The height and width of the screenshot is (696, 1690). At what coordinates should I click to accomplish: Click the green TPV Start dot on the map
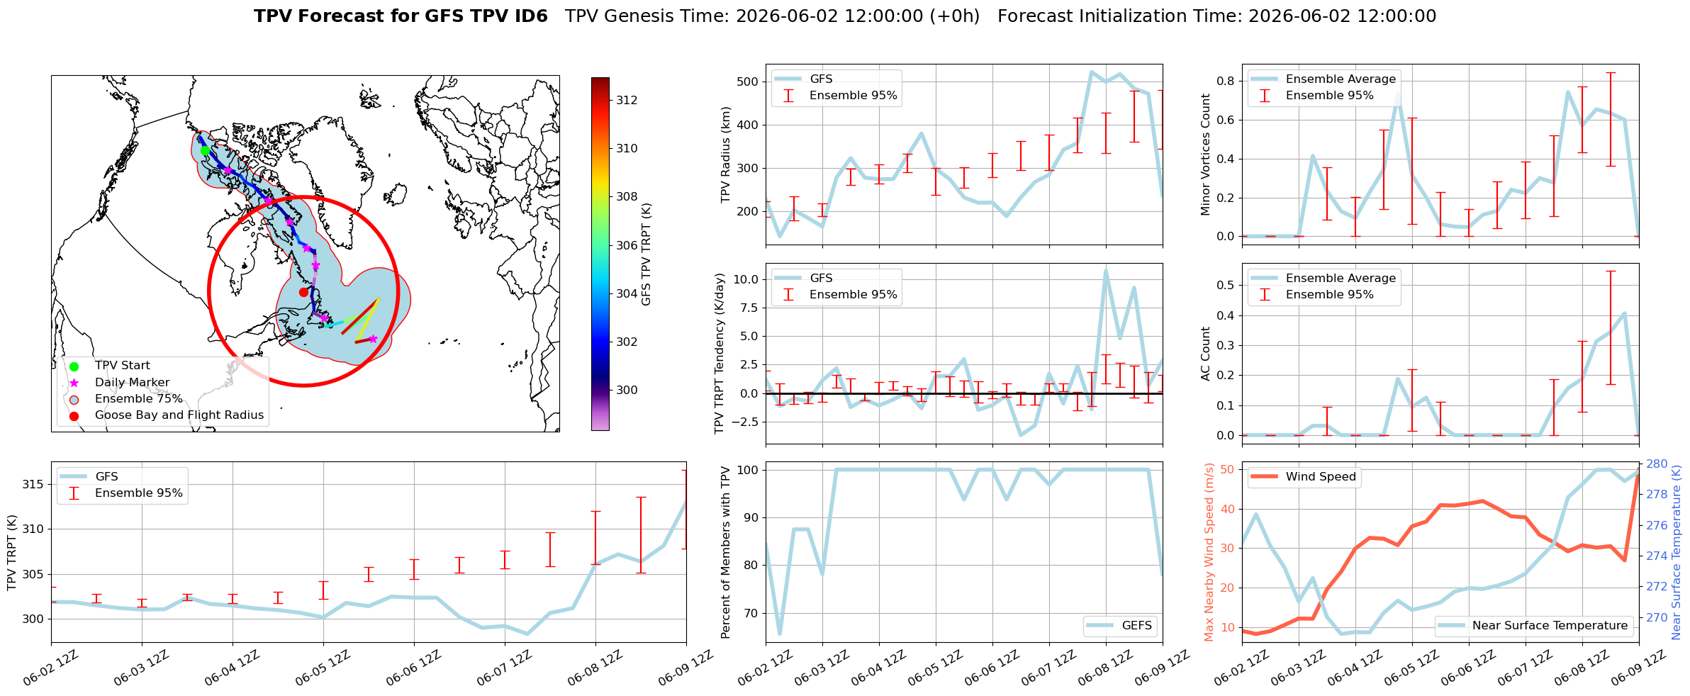tap(205, 150)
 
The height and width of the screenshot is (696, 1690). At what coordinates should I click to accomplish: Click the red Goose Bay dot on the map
tap(303, 292)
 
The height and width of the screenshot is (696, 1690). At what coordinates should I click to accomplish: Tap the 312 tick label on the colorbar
tap(627, 100)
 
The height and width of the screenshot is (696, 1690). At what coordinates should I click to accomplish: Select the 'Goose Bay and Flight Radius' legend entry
tap(179, 415)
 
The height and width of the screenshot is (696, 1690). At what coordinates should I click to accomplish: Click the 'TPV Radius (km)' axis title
tap(725, 155)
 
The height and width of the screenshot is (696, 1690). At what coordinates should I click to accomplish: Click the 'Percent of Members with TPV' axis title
tap(725, 552)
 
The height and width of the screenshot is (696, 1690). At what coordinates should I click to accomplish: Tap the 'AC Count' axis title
tap(1206, 354)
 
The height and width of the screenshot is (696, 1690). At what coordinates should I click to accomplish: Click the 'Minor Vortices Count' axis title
tap(1206, 155)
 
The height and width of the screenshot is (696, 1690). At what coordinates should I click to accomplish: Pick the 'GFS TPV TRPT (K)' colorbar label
tap(646, 254)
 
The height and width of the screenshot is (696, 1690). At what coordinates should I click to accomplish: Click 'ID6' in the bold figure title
tap(525, 16)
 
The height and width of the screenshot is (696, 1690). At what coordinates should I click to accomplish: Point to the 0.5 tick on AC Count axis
tap(1226, 285)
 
